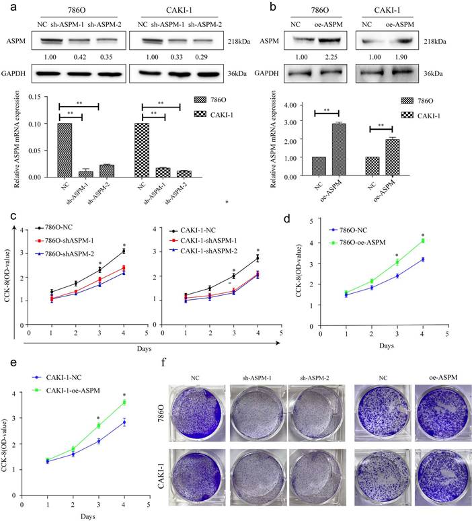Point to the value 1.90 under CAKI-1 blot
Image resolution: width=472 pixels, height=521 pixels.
409,57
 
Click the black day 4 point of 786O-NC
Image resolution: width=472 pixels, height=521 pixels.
123,251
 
